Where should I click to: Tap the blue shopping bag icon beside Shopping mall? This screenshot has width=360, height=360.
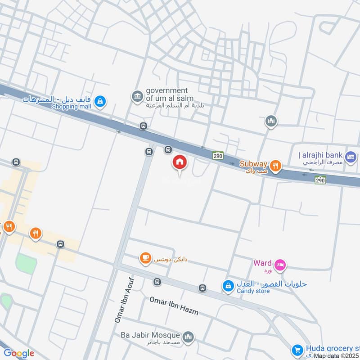click(x=101, y=101)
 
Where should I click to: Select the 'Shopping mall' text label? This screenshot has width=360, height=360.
click(x=71, y=106)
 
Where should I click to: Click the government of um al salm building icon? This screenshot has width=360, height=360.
click(x=136, y=96)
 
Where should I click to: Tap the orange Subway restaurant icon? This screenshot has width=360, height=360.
click(x=276, y=166)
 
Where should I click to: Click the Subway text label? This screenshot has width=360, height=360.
click(x=253, y=164)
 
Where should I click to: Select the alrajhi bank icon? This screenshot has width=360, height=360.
click(x=352, y=157)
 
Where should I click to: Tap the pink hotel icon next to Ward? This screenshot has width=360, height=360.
click(x=279, y=265)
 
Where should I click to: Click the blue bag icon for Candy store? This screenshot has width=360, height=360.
click(x=228, y=286)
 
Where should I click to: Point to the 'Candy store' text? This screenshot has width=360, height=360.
click(x=253, y=291)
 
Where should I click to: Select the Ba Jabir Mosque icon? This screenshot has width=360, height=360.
click(x=189, y=336)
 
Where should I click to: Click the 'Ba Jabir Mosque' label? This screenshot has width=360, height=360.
click(x=150, y=335)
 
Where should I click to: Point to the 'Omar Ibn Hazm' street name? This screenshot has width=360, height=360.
click(x=174, y=306)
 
